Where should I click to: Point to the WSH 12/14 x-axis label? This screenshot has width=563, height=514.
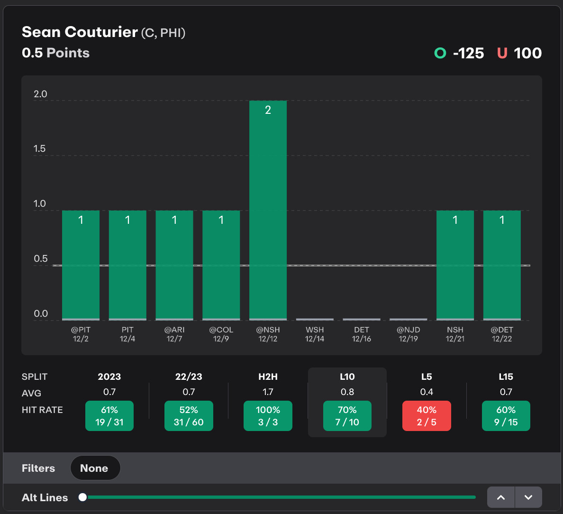(315, 334)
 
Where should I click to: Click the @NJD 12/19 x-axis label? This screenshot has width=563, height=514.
(409, 334)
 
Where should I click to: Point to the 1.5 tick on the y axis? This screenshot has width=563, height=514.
(39, 149)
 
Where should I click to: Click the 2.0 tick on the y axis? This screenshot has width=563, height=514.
(40, 94)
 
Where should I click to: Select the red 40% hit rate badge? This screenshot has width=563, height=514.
(427, 416)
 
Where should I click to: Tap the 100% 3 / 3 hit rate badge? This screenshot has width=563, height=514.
(268, 416)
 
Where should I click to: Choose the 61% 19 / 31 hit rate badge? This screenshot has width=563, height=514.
(109, 416)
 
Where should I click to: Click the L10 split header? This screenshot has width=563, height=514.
(347, 376)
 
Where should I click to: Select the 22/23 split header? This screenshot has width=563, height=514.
(189, 376)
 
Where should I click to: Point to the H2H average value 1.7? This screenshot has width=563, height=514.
(268, 392)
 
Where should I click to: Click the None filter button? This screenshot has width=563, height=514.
(95, 468)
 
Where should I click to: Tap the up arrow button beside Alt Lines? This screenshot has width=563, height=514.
(501, 497)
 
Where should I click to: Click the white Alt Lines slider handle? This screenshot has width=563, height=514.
(83, 497)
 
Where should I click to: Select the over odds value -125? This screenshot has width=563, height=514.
(468, 53)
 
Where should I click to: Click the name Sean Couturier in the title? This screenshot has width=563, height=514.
(80, 32)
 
